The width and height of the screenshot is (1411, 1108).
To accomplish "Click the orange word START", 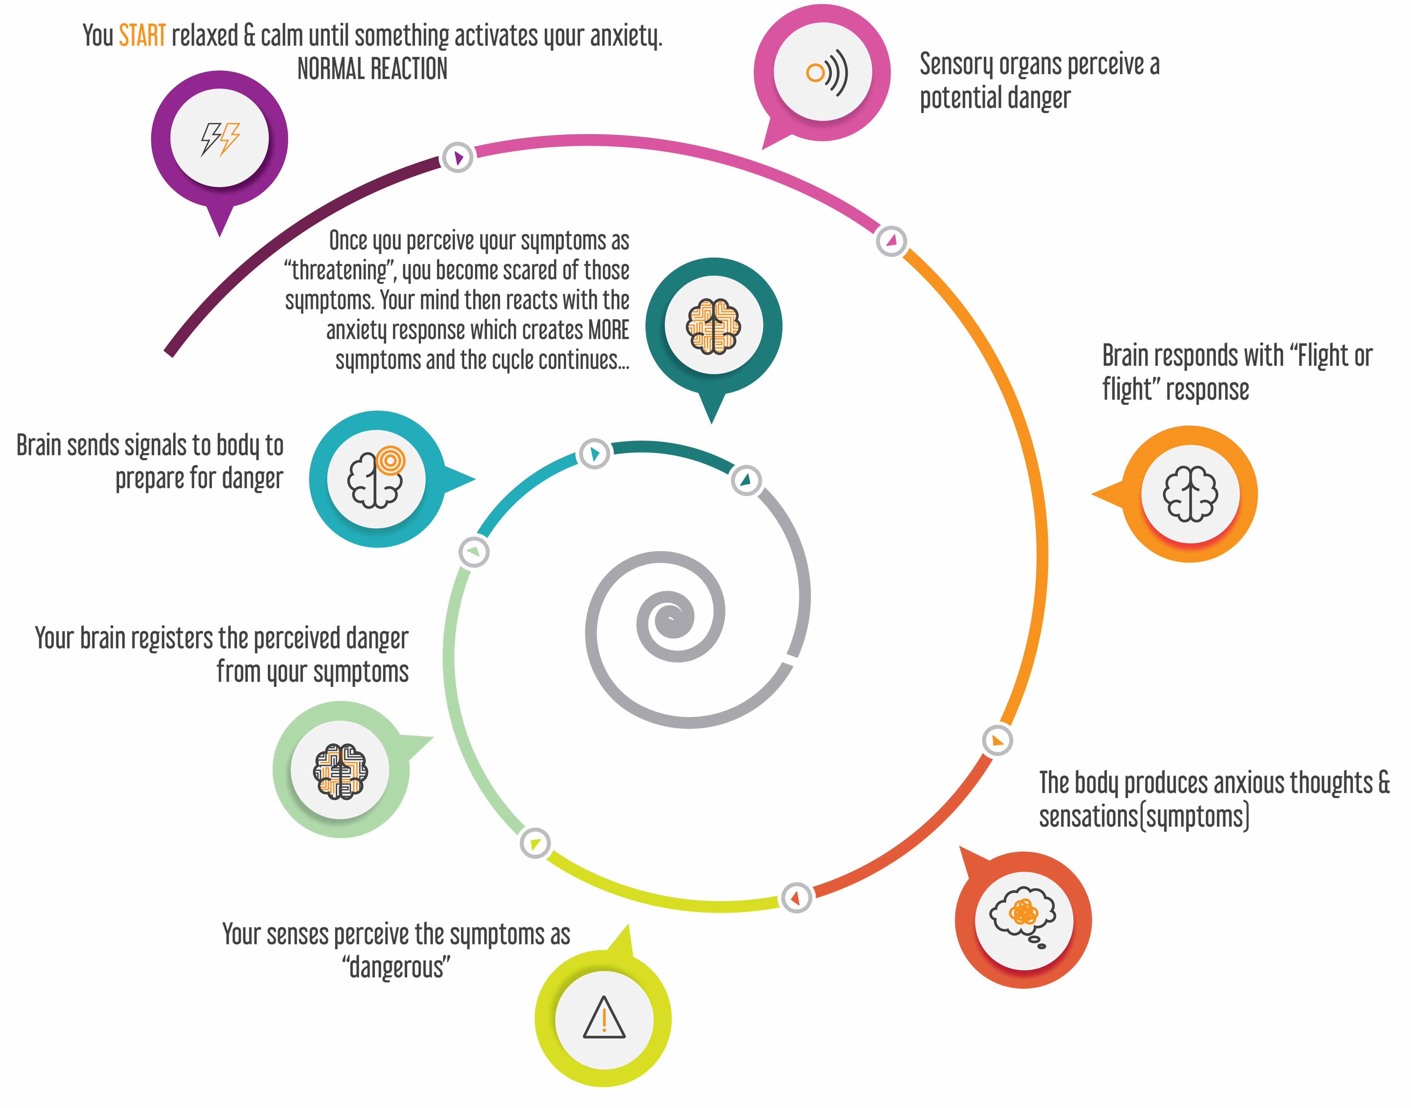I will (x=142, y=36).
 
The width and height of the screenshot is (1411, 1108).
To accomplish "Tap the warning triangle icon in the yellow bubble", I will (x=604, y=1017).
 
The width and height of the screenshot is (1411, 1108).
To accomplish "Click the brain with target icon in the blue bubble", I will (x=376, y=479).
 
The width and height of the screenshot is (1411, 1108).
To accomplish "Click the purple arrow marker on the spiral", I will (x=458, y=157).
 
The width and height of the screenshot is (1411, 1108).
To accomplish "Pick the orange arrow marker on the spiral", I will (x=997, y=740).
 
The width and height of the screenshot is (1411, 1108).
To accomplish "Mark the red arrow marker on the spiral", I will (x=796, y=898).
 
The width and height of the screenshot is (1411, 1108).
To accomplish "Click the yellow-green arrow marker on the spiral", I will (x=535, y=843).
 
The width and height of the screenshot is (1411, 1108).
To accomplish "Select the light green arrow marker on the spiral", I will (x=474, y=552).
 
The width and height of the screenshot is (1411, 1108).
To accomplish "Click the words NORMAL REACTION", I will (x=372, y=69).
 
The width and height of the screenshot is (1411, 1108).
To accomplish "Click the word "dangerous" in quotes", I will (x=396, y=967).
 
